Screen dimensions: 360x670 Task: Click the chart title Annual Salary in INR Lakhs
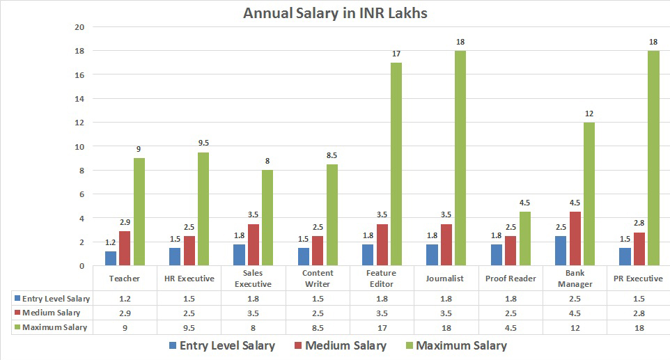coord(335,13)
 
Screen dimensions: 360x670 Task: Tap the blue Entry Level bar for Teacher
coord(111,258)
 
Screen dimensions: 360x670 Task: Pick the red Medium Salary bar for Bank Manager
coord(575,238)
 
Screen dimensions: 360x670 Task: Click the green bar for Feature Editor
coord(396,164)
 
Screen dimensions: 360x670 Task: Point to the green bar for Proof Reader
coord(524,238)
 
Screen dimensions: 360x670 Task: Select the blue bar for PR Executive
coord(625,256)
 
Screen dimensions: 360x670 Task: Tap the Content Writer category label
coord(318,279)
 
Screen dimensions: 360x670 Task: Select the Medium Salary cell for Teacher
coord(125,313)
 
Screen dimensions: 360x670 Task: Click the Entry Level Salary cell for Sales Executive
coord(254,299)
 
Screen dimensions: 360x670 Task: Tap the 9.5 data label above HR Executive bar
coord(203,143)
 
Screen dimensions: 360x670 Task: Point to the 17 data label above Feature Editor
coord(396,54)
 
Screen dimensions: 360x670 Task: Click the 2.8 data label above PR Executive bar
coord(639,223)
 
